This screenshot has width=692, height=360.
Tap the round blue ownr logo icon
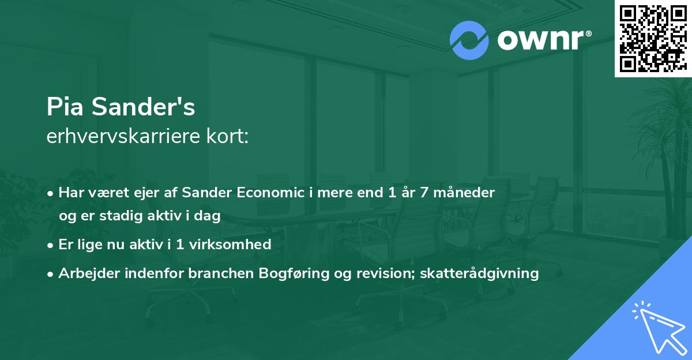click(x=469, y=40)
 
